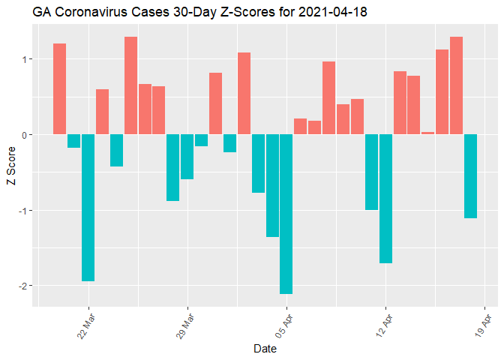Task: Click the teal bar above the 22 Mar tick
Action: [88, 208]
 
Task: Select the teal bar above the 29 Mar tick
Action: [187, 157]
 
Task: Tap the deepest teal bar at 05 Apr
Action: [286, 214]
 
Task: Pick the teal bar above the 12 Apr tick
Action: [385, 199]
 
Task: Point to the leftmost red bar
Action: [59, 89]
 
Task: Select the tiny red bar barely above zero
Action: [427, 133]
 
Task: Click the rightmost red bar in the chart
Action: [456, 85]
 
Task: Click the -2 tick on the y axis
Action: [25, 286]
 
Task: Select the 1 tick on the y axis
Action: [27, 59]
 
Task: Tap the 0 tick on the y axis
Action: [27, 135]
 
